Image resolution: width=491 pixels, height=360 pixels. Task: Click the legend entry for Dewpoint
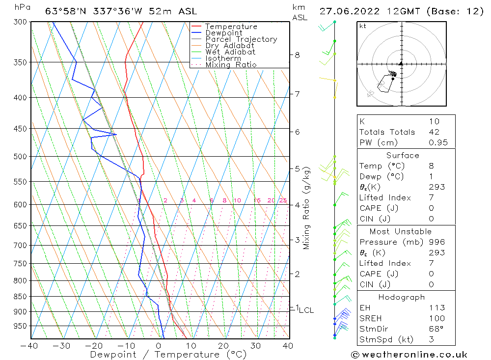(223, 33)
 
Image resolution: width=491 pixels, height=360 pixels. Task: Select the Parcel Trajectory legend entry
(241, 39)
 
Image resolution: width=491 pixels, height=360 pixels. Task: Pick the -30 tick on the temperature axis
(62, 346)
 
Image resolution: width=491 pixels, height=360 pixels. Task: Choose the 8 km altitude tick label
(297, 55)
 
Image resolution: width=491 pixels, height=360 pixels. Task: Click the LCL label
(306, 310)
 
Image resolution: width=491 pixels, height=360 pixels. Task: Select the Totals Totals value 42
(434, 132)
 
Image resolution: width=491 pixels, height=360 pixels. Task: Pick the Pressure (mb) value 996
(436, 242)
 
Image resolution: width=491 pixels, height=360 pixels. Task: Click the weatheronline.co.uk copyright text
(409, 355)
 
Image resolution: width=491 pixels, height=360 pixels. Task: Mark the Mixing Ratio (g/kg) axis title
(307, 208)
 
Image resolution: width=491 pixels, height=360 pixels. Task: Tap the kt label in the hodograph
(363, 26)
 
